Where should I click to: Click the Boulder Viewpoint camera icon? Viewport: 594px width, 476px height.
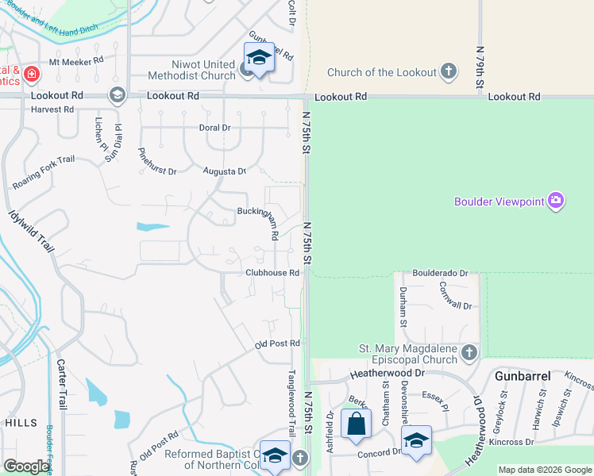pyautogui.click(x=556, y=201)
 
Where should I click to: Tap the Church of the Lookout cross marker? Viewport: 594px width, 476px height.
pyautogui.click(x=449, y=72)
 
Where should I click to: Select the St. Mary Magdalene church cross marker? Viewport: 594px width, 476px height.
pyautogui.click(x=469, y=351)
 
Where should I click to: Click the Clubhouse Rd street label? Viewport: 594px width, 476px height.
pyautogui.click(x=272, y=273)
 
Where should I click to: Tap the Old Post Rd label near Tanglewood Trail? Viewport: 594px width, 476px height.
pyautogui.click(x=276, y=344)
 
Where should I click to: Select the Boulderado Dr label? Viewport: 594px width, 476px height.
pyautogui.click(x=440, y=272)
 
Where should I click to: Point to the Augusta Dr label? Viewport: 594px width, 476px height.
pyautogui.click(x=225, y=171)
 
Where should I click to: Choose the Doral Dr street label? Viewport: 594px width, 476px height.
pyautogui.click(x=214, y=127)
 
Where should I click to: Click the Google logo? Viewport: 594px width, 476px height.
pyautogui.click(x=26, y=466)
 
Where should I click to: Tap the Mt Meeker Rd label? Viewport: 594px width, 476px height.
pyautogui.click(x=76, y=60)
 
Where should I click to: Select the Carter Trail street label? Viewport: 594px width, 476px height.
pyautogui.click(x=61, y=388)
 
